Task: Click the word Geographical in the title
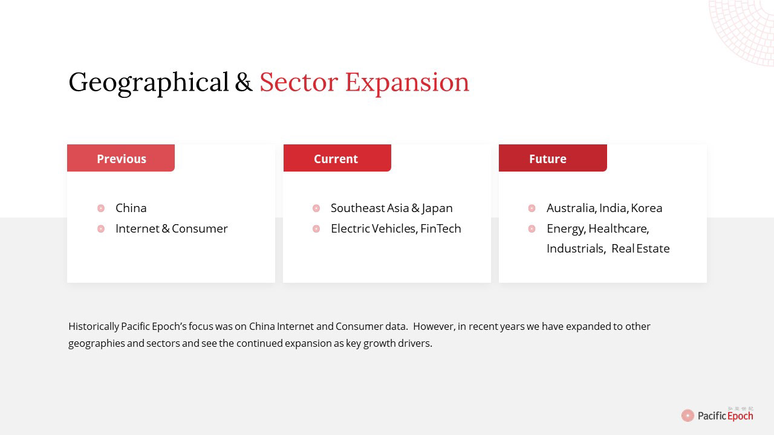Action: coord(149,83)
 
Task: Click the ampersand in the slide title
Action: coord(244,82)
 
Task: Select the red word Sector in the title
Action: coord(299,82)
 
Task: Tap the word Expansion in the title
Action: coord(407,83)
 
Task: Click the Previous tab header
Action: coord(121,158)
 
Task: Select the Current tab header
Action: coord(337,158)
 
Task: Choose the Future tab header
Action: coord(553,158)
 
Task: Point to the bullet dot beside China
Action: coord(101,208)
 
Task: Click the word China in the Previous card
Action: coord(131,208)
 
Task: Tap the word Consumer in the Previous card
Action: coord(200,228)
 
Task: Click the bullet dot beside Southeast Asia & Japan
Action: coord(316,208)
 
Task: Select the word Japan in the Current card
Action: coord(437,209)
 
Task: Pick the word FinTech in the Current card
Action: coord(441,228)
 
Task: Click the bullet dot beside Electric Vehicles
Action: coord(316,229)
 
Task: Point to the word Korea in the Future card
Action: coord(646,208)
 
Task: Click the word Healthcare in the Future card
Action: coord(619,229)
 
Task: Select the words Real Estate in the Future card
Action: coord(640,248)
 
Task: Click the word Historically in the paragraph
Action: coord(94,327)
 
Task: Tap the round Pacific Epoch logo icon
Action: coord(688,415)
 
